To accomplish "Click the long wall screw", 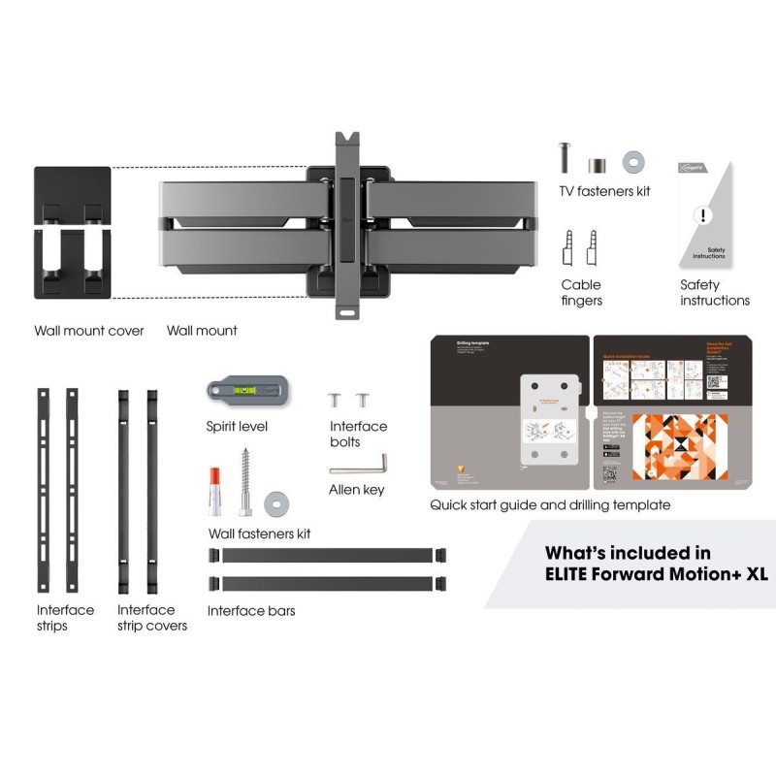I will click(246, 481).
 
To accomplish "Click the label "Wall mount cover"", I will click(89, 331).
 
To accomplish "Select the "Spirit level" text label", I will click(237, 426).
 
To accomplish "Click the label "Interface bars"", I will click(251, 611).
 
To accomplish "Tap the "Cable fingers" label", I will click(581, 292).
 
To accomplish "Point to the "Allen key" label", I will click(357, 490).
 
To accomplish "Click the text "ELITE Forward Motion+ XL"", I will click(656, 573).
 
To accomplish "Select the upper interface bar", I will click(327, 556).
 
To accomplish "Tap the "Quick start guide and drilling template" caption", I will click(550, 505).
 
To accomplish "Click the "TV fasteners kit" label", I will click(604, 191).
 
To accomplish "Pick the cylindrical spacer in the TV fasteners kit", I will click(600, 158).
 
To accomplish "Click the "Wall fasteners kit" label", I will click(260, 533).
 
